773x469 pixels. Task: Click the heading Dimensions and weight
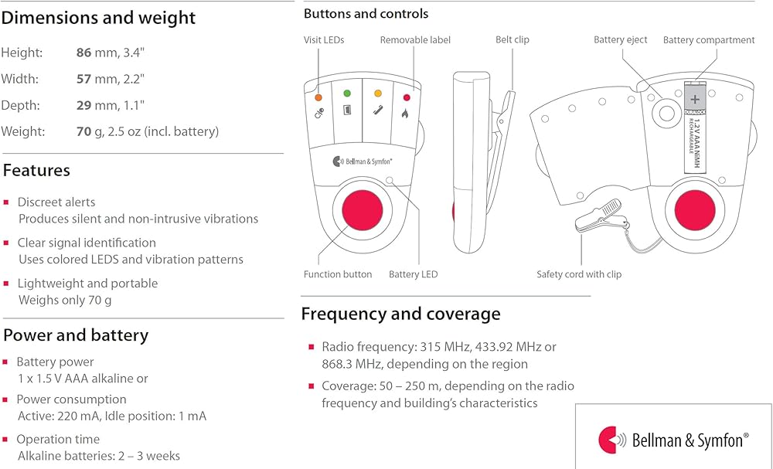[x=99, y=19]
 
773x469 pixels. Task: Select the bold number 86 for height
[x=83, y=53]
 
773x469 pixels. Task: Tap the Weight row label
[x=22, y=131]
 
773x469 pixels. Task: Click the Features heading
[x=36, y=171]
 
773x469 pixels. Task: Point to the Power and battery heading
[x=76, y=335]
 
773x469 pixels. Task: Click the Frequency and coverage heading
[x=400, y=314]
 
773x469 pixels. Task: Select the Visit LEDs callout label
[x=324, y=40]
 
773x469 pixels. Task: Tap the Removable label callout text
[x=415, y=40]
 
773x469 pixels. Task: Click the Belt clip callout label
[x=512, y=40]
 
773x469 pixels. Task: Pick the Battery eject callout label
[x=621, y=40]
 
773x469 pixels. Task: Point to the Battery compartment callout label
[x=709, y=40]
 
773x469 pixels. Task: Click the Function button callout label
[x=338, y=274]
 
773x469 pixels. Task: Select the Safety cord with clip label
[x=579, y=274]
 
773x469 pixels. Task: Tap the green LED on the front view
[x=347, y=93]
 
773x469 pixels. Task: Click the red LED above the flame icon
[x=406, y=97]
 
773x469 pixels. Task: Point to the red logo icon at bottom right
[x=610, y=440]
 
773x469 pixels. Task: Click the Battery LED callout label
[x=414, y=274]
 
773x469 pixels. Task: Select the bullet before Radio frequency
[x=312, y=346]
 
